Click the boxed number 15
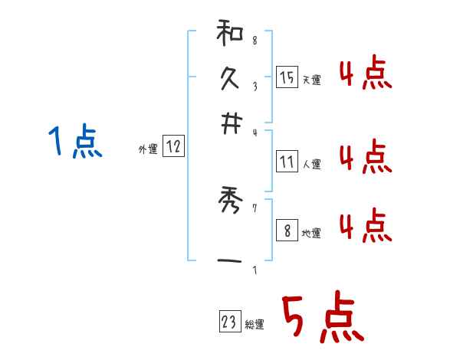click(x=287, y=77)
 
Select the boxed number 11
click(x=287, y=162)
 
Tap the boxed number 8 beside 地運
click(x=287, y=231)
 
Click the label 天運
click(x=311, y=80)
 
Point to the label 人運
click(x=311, y=164)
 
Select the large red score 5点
click(x=321, y=317)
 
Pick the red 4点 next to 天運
click(x=365, y=75)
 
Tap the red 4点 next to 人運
click(x=365, y=157)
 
